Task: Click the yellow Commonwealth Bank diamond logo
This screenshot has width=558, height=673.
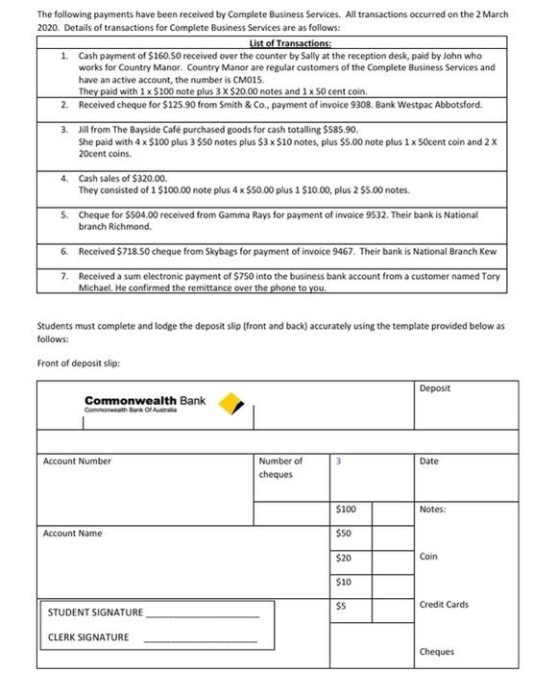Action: pos(228,403)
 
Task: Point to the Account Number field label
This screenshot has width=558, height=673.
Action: pos(77,461)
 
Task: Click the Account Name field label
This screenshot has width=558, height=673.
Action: pos(72,534)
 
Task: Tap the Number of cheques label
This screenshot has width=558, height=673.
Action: pos(279,467)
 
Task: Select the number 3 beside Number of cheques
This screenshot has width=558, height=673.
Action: pos(339,461)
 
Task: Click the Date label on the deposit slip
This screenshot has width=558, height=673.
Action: pos(429,461)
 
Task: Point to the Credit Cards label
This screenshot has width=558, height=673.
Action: pos(444,605)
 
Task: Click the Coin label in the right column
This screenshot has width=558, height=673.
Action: pos(428,557)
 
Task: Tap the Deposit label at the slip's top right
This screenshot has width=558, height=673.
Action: pos(435,388)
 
